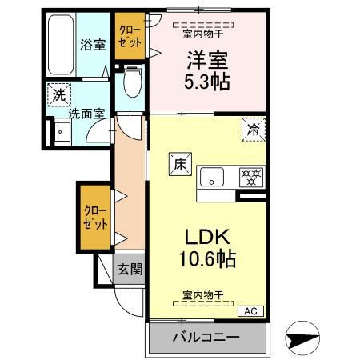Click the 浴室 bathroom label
(92, 45)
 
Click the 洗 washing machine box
(58, 93)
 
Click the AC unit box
(249, 311)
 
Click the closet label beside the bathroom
(128, 37)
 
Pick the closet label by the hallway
(93, 217)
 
